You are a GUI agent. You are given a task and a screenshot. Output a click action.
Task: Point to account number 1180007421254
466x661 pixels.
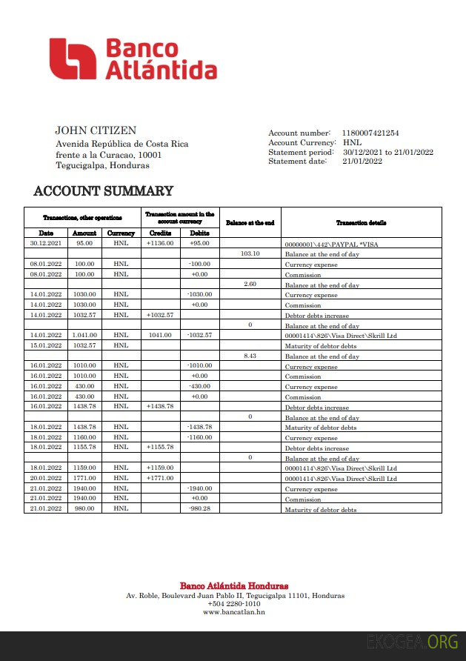(x=370, y=133)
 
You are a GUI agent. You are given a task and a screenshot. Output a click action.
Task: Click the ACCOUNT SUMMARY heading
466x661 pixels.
(x=104, y=191)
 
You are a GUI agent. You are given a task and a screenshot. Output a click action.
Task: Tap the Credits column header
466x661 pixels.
(x=160, y=233)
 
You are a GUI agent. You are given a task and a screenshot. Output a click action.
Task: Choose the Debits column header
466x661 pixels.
(x=199, y=233)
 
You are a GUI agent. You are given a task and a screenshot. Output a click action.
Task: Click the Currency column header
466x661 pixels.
(x=122, y=233)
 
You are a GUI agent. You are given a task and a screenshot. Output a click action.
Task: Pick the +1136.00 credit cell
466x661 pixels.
(x=160, y=243)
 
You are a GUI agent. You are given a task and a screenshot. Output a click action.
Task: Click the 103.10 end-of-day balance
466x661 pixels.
(x=250, y=253)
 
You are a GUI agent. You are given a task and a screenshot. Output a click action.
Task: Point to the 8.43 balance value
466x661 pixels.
(x=250, y=356)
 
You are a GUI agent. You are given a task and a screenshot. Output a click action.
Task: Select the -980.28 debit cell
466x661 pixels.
(x=199, y=509)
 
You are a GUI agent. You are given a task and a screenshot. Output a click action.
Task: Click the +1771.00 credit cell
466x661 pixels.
(x=160, y=479)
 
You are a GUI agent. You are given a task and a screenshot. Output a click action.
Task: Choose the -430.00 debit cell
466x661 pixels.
(x=199, y=386)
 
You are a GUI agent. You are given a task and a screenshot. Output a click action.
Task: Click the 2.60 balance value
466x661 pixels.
(x=250, y=284)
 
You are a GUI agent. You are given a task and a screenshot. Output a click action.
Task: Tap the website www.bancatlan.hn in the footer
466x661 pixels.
(x=233, y=612)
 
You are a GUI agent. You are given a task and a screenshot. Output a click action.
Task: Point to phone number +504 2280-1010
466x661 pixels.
(x=233, y=604)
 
